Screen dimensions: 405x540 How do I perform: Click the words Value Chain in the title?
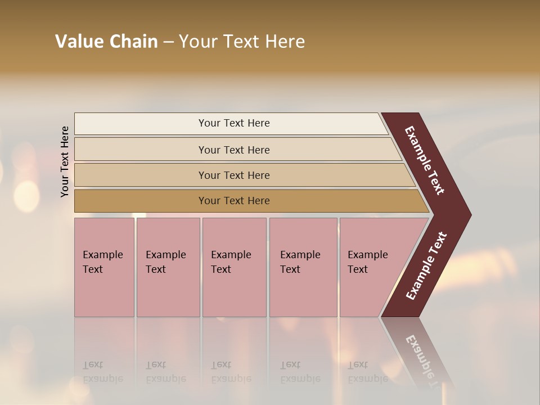[x=106, y=42]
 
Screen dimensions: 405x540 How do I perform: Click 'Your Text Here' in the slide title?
[x=242, y=42]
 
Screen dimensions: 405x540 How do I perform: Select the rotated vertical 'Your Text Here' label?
[x=65, y=161]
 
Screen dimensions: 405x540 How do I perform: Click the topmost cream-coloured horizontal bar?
[x=141, y=124]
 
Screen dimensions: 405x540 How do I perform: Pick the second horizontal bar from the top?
[x=141, y=150]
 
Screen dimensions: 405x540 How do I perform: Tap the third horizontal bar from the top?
[x=141, y=175]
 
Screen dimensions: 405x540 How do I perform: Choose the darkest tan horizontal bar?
[x=141, y=201]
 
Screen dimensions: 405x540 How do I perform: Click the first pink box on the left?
[x=104, y=292]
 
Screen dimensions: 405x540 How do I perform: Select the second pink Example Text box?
[x=168, y=292]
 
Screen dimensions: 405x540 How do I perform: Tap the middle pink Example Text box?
[x=234, y=292]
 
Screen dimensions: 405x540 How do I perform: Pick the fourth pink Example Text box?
[x=303, y=292]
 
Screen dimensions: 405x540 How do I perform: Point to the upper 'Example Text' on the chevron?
[x=425, y=160]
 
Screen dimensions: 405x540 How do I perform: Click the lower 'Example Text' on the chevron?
[x=426, y=265]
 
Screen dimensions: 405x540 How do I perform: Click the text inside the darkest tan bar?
[x=234, y=201]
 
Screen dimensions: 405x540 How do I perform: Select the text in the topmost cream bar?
[x=234, y=123]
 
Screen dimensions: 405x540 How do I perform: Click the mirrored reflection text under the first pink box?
[x=102, y=372]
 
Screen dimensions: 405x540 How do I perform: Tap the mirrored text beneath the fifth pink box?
[x=367, y=372]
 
